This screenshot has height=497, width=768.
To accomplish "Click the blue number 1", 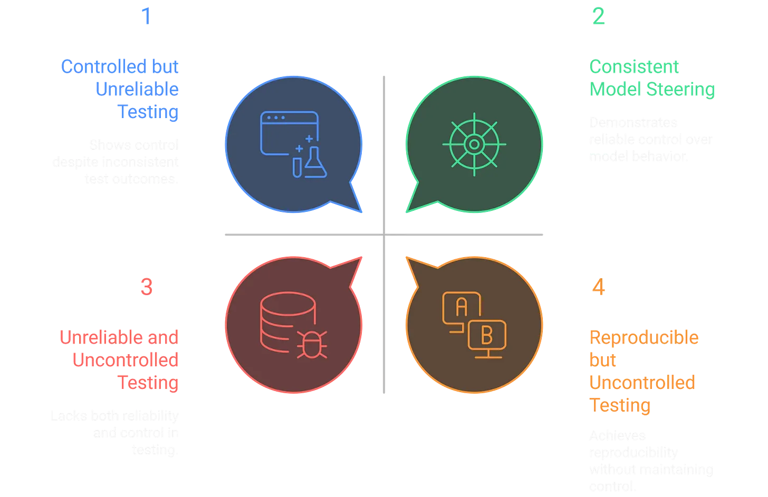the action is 146,16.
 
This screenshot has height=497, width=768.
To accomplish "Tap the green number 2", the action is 599,16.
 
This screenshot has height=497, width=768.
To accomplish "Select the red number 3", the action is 146,288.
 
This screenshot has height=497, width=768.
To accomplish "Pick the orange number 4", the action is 599,288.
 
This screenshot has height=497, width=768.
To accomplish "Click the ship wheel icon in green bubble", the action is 474,144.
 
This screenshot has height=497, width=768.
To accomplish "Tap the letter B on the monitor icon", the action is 487,334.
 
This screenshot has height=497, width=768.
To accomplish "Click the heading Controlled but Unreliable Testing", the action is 121,90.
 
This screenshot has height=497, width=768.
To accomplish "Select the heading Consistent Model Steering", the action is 651,79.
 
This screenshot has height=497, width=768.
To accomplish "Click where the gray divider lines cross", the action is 384,236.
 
